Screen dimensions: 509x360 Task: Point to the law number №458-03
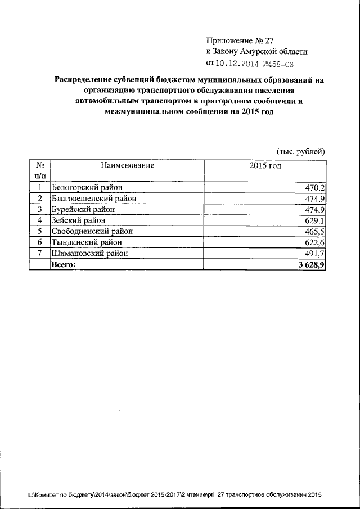point(276,64)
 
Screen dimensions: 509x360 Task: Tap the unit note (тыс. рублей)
point(300,151)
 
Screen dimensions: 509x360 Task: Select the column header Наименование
point(127,165)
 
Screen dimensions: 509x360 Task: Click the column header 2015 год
point(265,165)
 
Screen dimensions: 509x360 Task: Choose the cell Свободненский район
point(93,231)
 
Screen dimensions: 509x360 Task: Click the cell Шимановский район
point(89,253)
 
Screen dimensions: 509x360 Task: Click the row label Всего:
point(63,264)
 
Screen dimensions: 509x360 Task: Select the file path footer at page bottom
point(174,495)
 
